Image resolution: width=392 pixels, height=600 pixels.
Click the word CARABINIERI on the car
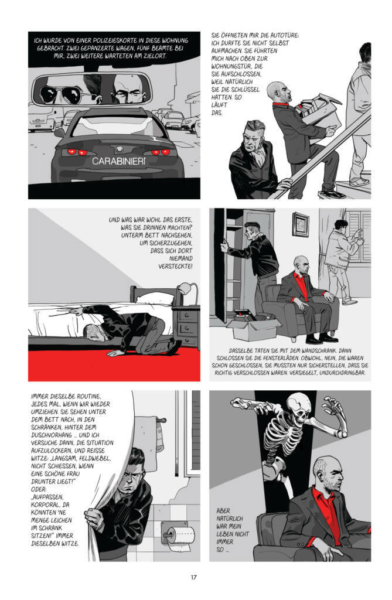(x=118, y=161)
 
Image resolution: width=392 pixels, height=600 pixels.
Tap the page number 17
(x=194, y=577)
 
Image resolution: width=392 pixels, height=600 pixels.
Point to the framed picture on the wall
(x=301, y=224)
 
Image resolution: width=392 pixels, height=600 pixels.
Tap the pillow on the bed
(x=155, y=298)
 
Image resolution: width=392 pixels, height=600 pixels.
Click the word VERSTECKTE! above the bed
(x=175, y=266)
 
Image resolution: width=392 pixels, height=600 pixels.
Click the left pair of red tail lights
(x=75, y=152)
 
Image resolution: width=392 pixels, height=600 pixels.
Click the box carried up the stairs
(x=319, y=111)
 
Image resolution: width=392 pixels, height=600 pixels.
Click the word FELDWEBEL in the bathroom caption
(x=88, y=458)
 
